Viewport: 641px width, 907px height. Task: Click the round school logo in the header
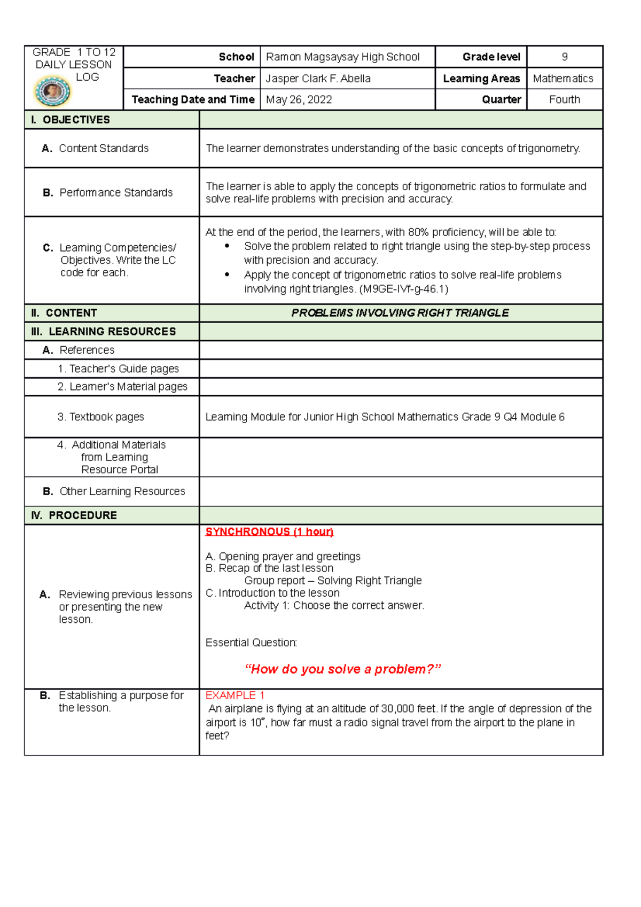(x=52, y=92)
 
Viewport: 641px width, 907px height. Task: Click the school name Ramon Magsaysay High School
(x=342, y=57)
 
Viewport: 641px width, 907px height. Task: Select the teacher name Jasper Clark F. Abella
(x=318, y=79)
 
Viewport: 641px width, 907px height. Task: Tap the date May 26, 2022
(x=299, y=100)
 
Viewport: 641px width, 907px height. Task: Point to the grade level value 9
(x=564, y=57)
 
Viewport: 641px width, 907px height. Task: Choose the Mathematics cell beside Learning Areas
(x=562, y=79)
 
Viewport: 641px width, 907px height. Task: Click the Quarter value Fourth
(x=564, y=100)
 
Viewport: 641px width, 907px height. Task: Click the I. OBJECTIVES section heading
(x=71, y=120)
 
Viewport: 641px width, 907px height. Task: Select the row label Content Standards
(x=104, y=148)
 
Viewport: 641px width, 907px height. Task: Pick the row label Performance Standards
(x=116, y=192)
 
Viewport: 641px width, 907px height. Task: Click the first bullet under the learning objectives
(x=227, y=246)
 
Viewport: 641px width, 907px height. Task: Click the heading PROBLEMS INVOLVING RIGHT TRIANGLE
(x=400, y=313)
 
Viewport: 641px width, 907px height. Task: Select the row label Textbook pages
(x=106, y=417)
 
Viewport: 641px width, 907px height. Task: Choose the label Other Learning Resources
(x=122, y=491)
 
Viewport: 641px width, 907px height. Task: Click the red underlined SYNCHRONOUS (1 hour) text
(x=269, y=532)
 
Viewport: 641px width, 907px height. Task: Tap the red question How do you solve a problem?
(x=342, y=669)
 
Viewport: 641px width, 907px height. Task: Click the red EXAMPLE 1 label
(x=235, y=695)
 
